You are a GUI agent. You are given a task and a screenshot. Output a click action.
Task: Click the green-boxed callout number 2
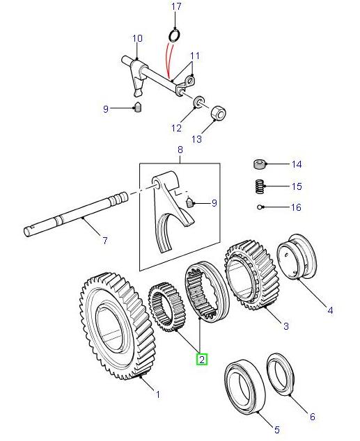click(201, 359)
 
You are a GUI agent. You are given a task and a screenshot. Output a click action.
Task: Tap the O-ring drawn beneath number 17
click(174, 35)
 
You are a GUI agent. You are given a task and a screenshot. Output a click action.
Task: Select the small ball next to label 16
click(258, 206)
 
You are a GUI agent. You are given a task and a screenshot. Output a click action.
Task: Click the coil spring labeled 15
click(259, 186)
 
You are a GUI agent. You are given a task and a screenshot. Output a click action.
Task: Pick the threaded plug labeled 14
click(259, 165)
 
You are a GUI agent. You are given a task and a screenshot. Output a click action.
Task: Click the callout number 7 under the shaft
click(104, 241)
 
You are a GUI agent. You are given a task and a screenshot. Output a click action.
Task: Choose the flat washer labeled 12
click(198, 104)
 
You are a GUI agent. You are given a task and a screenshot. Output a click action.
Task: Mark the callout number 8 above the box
click(180, 150)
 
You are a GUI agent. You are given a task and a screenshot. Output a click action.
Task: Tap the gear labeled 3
click(251, 275)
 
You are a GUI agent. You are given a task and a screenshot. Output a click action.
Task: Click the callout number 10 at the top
click(136, 38)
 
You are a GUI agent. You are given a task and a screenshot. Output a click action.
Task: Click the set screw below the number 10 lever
click(139, 108)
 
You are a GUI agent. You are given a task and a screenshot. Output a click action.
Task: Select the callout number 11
click(194, 56)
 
